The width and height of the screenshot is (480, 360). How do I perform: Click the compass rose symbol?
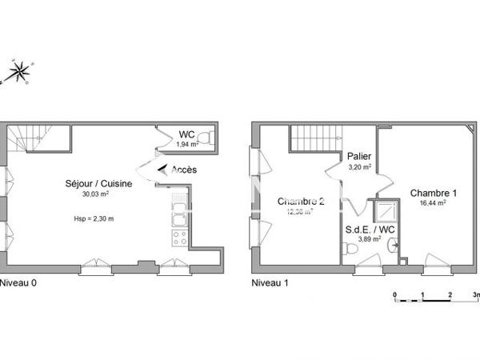point(17,74)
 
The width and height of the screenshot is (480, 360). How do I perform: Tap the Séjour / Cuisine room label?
point(99,183)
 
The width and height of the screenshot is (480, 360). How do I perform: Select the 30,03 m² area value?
point(96,194)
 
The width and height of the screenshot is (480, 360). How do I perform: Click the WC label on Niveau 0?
point(186,134)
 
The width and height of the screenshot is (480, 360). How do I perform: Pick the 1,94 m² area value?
point(187,144)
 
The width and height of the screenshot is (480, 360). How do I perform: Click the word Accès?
point(184,170)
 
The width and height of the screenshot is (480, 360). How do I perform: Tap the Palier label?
point(358,157)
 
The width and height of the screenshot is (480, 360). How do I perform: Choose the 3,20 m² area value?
point(359,167)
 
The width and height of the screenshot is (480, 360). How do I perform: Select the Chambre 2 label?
point(300,202)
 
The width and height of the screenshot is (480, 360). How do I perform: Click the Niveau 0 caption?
point(18,282)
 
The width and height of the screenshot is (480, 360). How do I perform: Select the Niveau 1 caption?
point(270,282)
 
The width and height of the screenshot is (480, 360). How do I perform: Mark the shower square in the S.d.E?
point(387,210)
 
